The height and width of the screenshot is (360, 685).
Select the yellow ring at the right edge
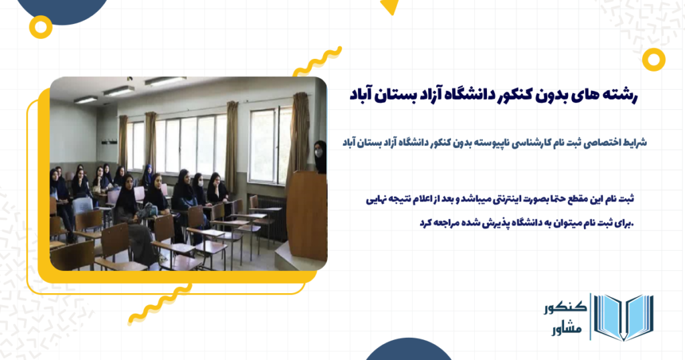click(653, 60)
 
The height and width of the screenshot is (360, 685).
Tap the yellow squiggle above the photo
click(316, 62)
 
